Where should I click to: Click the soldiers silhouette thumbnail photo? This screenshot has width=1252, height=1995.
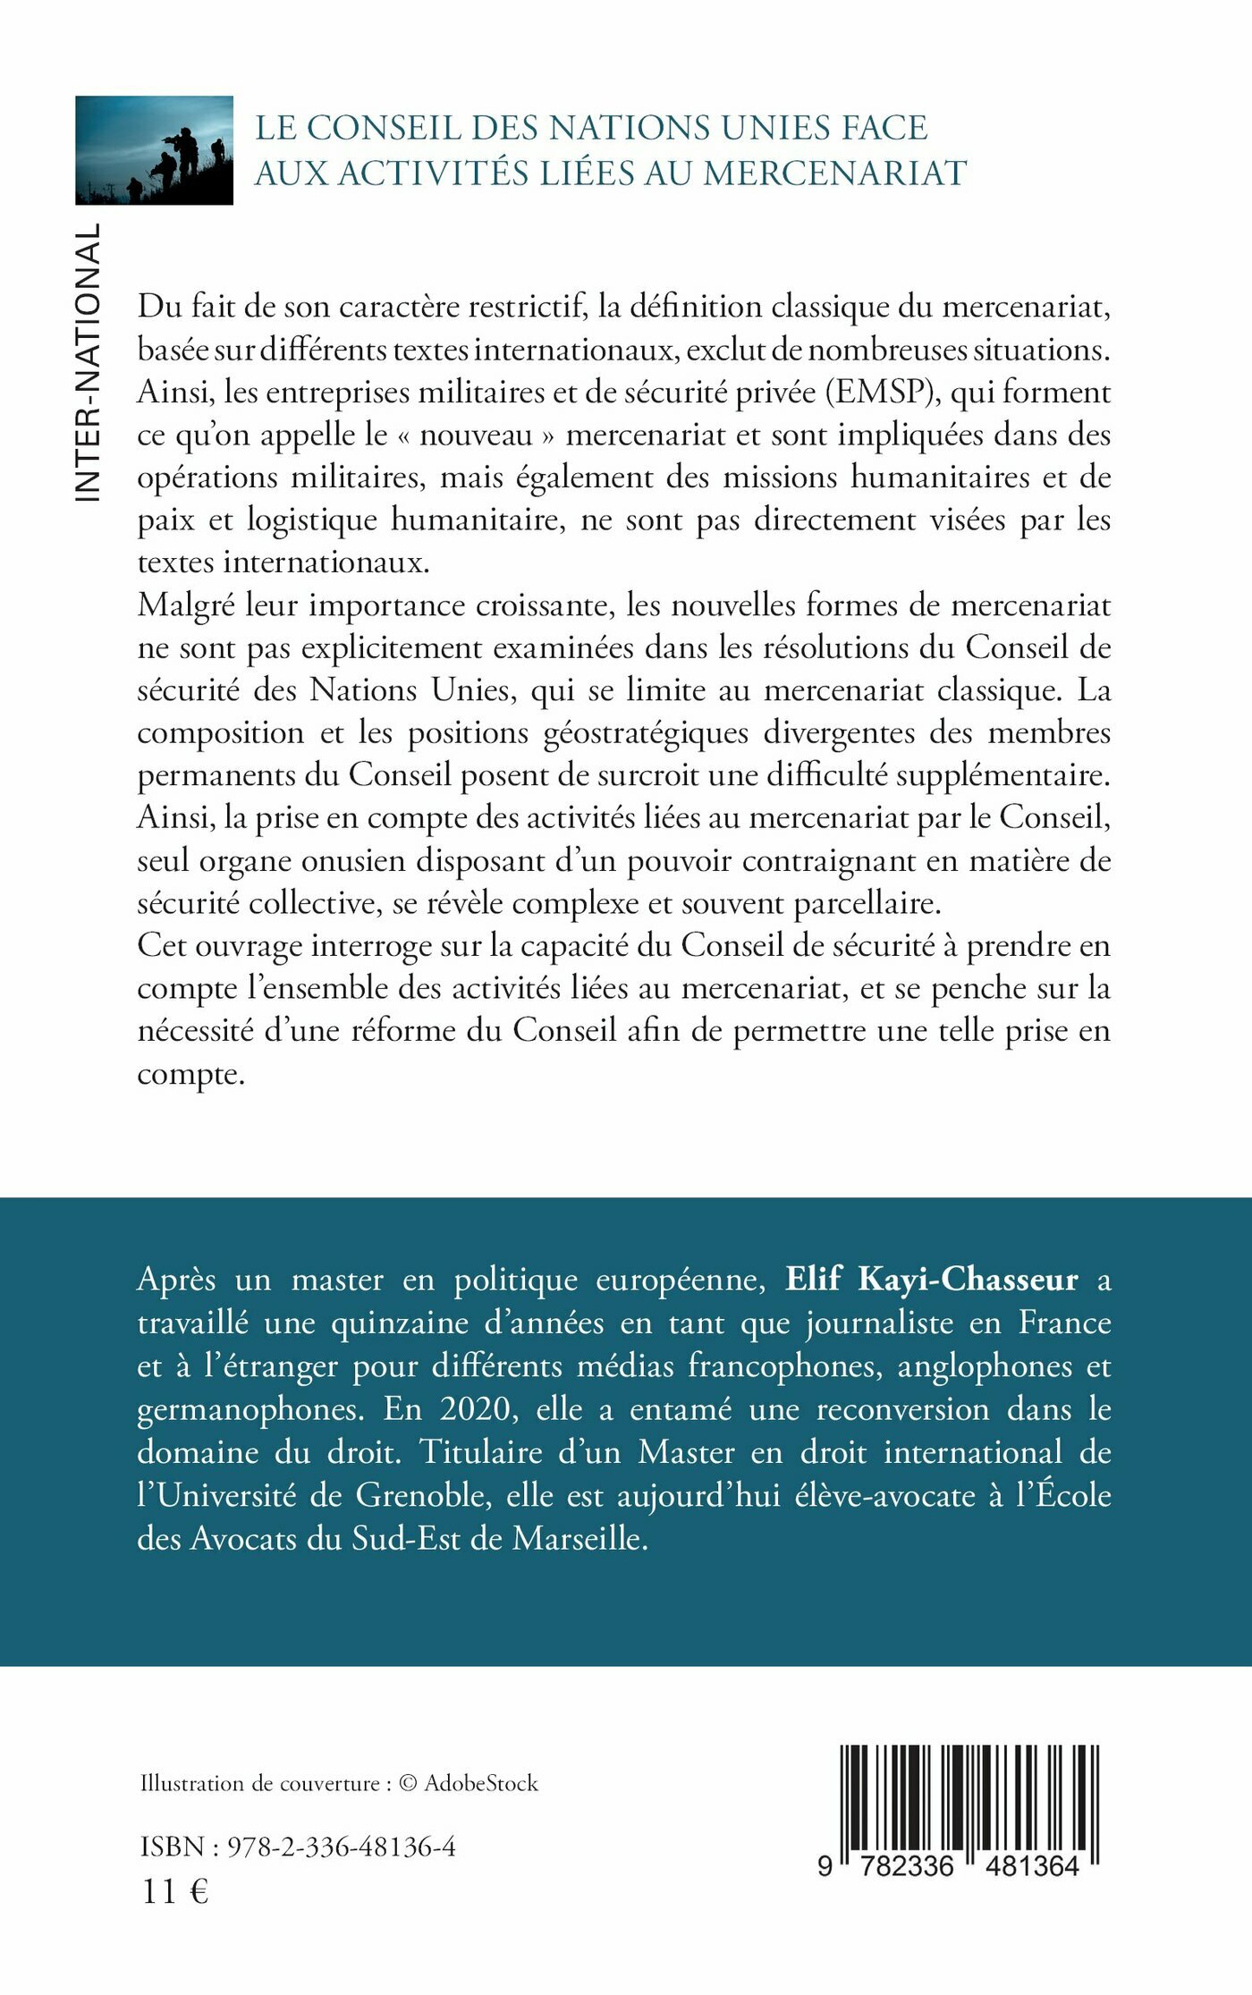coord(154,150)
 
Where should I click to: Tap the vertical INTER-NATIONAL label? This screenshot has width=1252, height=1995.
coord(88,362)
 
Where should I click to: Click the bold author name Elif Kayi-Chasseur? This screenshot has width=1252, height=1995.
coord(931,1280)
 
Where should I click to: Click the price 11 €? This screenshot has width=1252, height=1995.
coord(175,1885)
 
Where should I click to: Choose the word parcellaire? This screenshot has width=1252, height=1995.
coord(867,903)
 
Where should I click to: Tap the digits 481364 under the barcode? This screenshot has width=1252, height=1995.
coord(1032,1865)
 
